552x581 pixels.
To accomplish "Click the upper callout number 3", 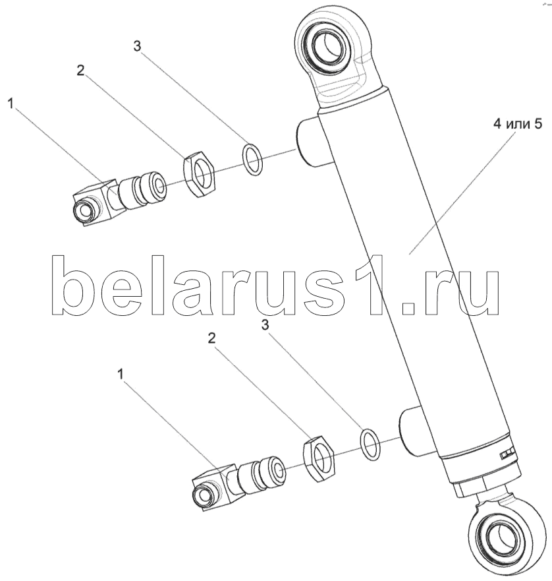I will coord(137,46).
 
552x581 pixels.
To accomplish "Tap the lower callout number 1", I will coord(121,374).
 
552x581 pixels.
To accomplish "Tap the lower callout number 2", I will coord(212,338).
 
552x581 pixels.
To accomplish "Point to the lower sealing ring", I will coord(370,443).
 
